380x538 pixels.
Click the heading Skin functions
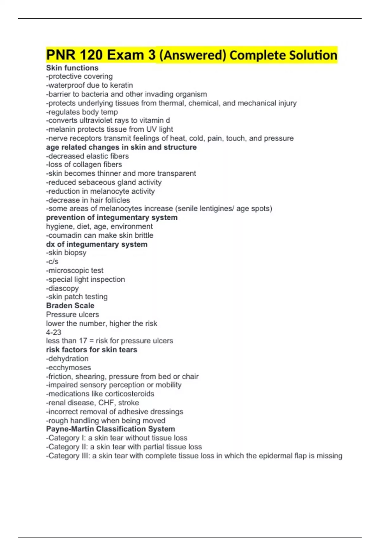click(72, 68)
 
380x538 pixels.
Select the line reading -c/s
click(52, 262)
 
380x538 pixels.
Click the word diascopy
click(63, 288)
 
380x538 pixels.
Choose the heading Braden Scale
click(70, 306)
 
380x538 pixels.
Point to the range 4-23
click(54, 332)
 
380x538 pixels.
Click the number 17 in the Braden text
click(83, 341)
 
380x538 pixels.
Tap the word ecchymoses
click(69, 368)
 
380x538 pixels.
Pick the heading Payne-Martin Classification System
click(111, 429)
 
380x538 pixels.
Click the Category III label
click(68, 456)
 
